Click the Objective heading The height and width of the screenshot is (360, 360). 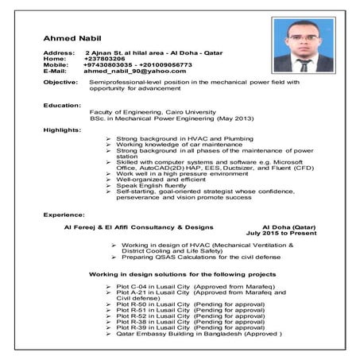coord(61,83)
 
